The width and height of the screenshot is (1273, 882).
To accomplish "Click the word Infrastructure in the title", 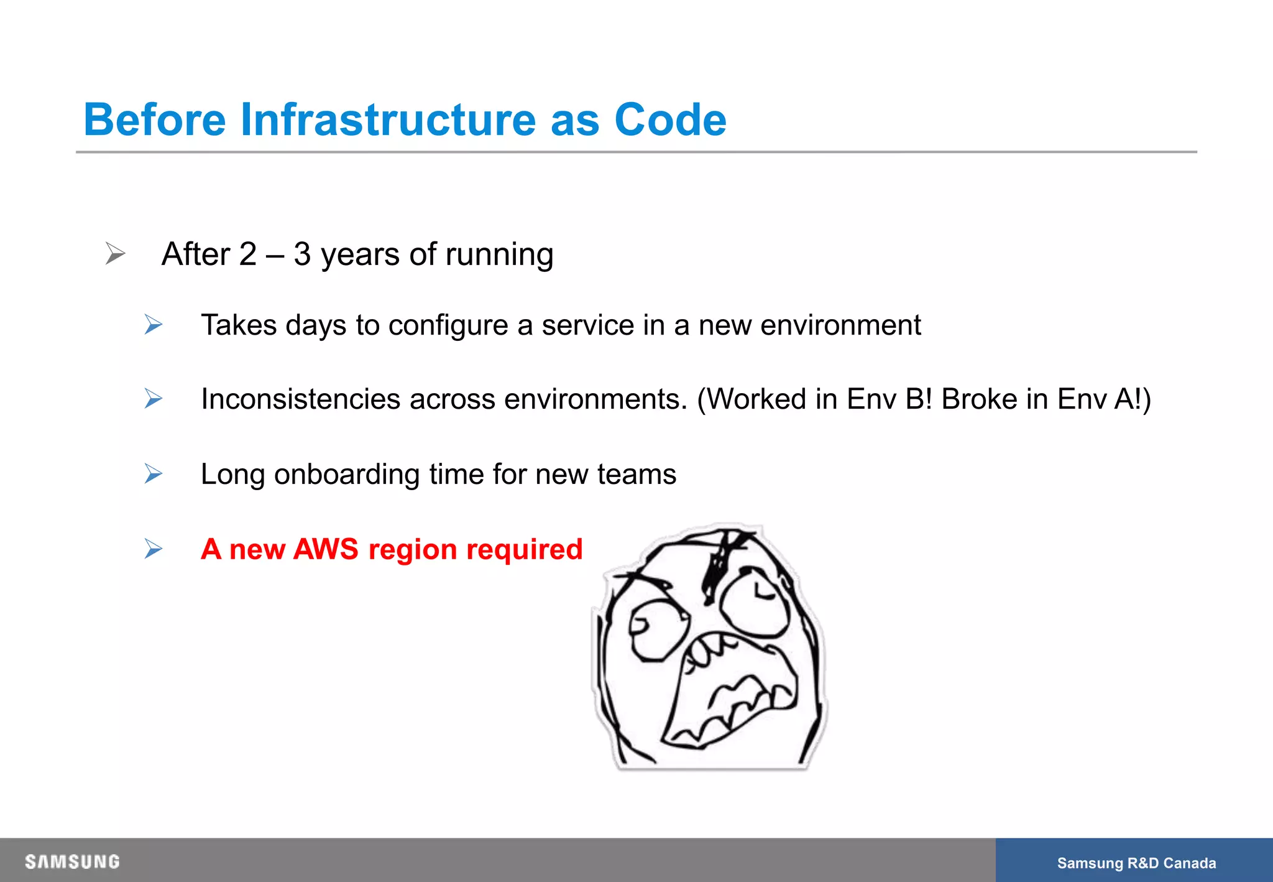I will (x=387, y=119).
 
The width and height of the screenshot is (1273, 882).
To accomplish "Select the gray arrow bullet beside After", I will (x=115, y=253).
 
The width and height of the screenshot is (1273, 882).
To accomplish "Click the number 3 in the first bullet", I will (x=302, y=254).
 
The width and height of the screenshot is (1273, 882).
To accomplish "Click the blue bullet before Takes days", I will (x=153, y=325).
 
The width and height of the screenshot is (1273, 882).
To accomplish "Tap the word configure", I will (x=448, y=326).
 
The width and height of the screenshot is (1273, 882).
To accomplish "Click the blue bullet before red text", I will (x=153, y=549).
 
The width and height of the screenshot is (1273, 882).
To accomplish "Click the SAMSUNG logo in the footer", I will (x=72, y=861).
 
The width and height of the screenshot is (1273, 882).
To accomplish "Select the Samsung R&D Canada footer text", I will (x=1136, y=863).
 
